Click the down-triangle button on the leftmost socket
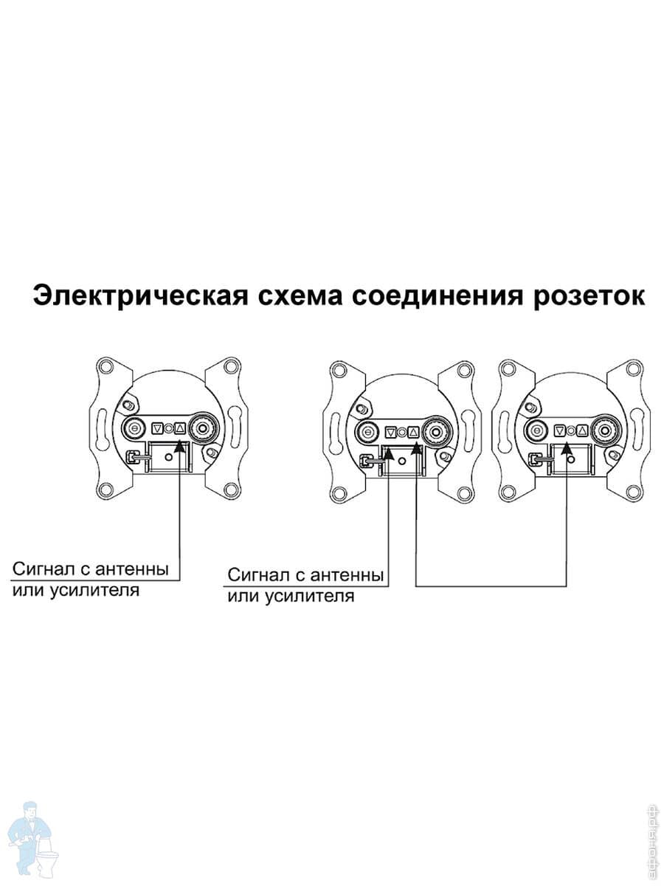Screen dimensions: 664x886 [157, 427]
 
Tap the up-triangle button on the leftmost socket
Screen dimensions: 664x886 [180, 427]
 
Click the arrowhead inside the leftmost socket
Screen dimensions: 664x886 [179, 447]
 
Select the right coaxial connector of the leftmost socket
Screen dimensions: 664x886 [205, 427]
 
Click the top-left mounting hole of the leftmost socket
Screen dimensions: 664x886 [106, 367]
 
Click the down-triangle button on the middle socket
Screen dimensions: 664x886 [390, 433]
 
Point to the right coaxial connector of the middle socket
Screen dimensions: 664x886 [438, 433]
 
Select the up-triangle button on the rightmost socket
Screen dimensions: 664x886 [582, 431]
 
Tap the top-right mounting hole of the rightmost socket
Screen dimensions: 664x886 [634, 368]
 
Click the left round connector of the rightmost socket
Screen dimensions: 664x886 [536, 431]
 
